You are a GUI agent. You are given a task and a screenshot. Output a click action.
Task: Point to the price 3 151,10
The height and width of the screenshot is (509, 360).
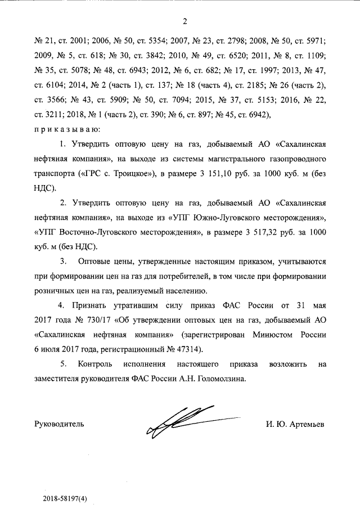234,173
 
